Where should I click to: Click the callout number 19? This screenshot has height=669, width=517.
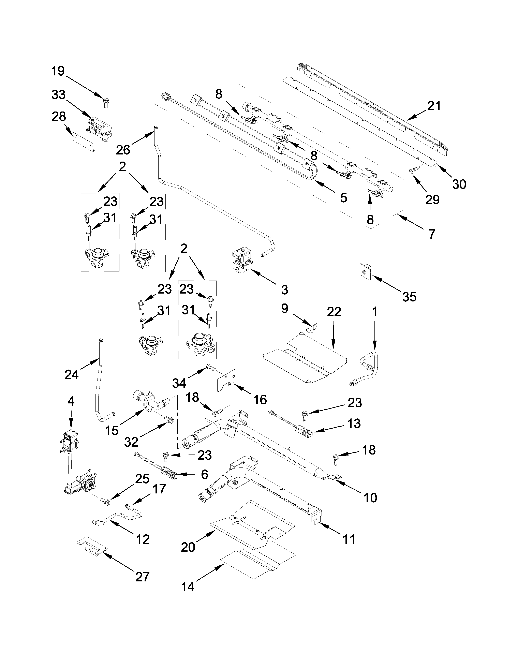click(x=58, y=71)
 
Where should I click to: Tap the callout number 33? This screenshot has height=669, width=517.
click(x=58, y=95)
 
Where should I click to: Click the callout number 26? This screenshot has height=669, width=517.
click(x=123, y=150)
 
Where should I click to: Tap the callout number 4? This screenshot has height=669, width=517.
click(x=71, y=401)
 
